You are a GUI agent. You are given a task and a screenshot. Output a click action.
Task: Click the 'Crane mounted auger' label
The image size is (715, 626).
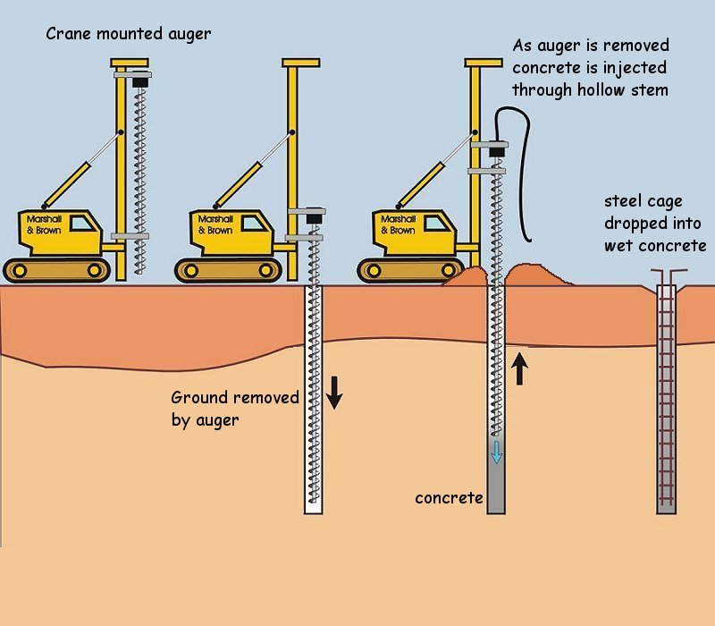[x=130, y=35]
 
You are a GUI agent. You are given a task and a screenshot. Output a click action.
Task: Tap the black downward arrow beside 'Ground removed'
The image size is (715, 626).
[x=333, y=392]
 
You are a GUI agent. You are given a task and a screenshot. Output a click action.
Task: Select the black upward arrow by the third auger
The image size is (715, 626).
[x=519, y=368]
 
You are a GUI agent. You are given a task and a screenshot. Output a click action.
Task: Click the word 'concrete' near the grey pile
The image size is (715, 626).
[x=449, y=497]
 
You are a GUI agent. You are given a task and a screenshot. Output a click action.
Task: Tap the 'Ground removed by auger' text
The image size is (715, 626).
[x=234, y=408]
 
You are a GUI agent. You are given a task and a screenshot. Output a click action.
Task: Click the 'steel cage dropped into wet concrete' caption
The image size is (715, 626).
[x=653, y=223]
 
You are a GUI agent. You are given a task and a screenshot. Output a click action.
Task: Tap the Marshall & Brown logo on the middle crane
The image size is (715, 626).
[x=214, y=224]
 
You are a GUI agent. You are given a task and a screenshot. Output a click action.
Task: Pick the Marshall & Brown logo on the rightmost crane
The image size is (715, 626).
[x=398, y=224]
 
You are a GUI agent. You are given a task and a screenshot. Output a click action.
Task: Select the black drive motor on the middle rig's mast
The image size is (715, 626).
[x=314, y=217]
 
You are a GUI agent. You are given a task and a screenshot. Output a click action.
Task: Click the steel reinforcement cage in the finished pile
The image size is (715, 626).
[x=666, y=393]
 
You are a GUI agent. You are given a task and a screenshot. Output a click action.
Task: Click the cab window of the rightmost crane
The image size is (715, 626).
[x=441, y=223]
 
